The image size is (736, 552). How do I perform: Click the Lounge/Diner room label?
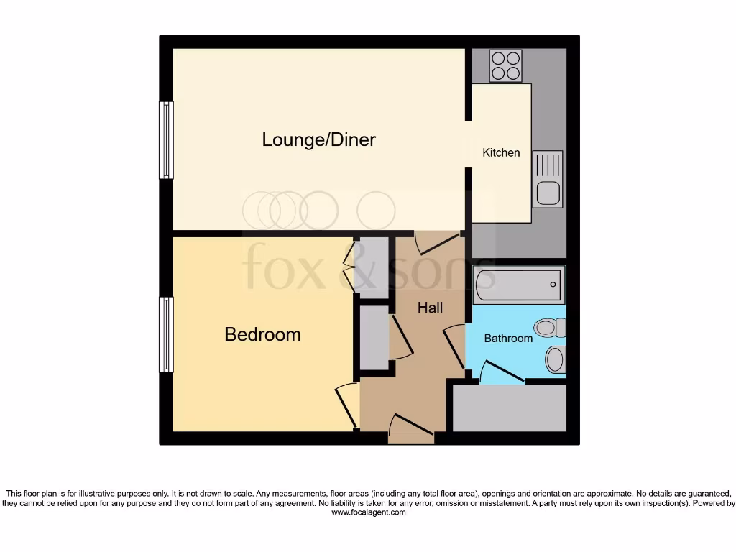pos(318,139)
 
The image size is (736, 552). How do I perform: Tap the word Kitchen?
pos(501,152)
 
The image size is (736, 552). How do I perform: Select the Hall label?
pos(431,308)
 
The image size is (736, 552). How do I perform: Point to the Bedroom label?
pos(262,334)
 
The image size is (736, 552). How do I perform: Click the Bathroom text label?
pos(508,338)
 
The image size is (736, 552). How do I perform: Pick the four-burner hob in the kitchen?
pos(505,65)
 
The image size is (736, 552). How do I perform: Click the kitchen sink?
pos(548,179)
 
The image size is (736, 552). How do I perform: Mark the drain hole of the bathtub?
pos(553,285)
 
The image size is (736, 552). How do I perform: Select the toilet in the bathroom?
pos(551,328)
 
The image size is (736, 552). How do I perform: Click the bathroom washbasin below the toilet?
pos(555,359)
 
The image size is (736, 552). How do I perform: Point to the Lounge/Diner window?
pos(166,139)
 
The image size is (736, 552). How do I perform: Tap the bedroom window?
pos(166,334)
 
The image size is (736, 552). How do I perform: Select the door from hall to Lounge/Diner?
pos(436,242)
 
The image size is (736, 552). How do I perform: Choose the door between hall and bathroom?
pos(454,346)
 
